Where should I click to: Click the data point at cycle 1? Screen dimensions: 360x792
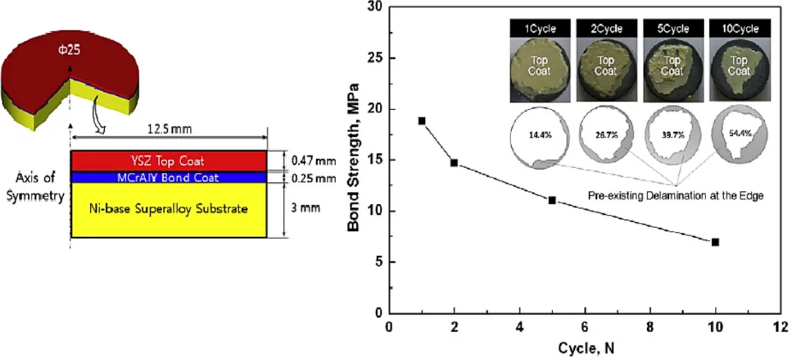[422, 121]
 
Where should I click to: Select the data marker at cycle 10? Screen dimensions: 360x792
[715, 242]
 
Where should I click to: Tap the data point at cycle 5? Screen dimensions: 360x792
[552, 200]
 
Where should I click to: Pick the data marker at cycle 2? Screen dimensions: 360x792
[454, 163]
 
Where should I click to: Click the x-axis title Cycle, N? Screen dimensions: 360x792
[584, 349]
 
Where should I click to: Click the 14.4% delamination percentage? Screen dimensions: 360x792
[535, 136]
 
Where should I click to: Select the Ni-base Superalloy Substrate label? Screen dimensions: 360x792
[168, 210]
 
